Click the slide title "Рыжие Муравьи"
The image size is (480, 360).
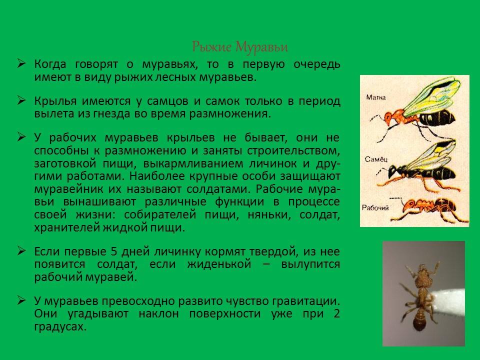(x=240, y=47)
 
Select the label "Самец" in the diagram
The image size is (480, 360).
(x=376, y=158)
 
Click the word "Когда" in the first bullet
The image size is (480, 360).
(x=50, y=65)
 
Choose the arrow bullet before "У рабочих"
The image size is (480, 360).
(x=22, y=137)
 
